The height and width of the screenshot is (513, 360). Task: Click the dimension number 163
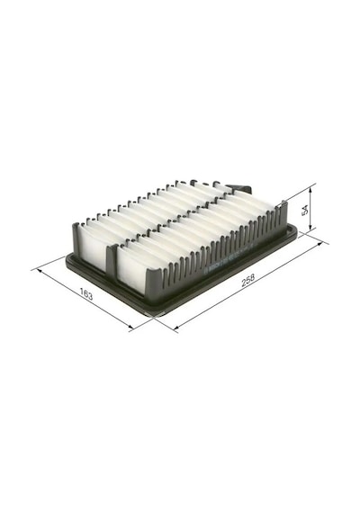click(86, 295)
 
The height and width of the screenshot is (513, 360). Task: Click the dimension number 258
click(247, 282)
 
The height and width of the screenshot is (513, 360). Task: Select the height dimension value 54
click(305, 210)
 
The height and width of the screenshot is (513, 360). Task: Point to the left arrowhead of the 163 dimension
click(40, 272)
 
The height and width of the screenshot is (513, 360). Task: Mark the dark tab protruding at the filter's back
click(241, 187)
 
